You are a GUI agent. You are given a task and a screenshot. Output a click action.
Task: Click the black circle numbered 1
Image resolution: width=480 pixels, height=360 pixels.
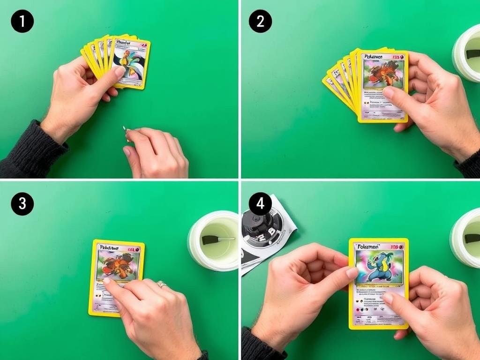22,22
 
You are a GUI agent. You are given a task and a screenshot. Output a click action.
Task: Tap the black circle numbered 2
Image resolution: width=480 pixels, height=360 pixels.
260,22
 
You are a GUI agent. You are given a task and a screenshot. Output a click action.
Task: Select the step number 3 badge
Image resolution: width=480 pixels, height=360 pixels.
22,204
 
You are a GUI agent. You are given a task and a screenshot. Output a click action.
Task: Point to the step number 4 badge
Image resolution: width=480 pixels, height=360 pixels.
260,204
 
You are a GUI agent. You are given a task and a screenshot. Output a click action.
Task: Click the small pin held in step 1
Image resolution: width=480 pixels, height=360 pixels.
125,131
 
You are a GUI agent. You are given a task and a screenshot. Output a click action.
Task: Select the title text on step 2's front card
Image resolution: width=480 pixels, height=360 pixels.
374,57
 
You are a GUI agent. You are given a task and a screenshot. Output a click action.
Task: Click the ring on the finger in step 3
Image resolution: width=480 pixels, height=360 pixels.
161,284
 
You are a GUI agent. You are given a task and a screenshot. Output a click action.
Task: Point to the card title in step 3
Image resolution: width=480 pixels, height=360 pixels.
107,248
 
